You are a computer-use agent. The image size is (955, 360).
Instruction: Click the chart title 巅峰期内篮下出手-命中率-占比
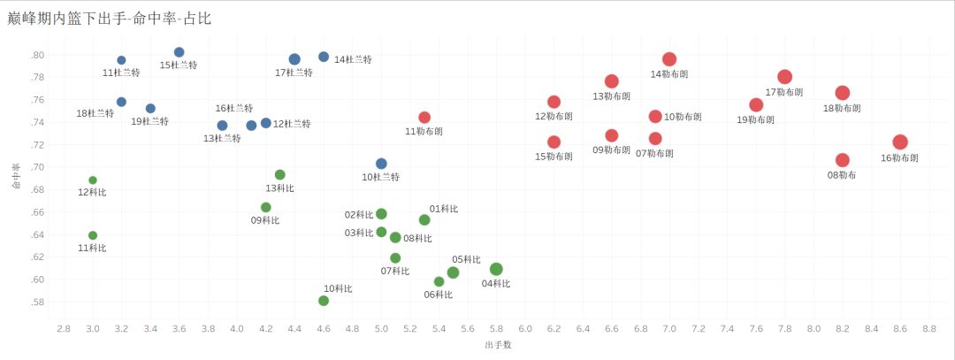click(110, 18)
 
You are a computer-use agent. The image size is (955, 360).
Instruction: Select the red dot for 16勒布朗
click(900, 142)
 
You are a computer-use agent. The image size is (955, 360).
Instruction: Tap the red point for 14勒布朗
click(669, 59)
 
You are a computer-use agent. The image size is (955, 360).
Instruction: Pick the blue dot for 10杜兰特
click(381, 164)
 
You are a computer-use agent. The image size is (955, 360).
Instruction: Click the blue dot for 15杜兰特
click(180, 52)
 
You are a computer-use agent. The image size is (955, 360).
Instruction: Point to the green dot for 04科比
click(496, 269)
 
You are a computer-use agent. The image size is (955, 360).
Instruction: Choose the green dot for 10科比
click(324, 301)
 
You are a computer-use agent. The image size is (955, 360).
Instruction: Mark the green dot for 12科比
click(93, 180)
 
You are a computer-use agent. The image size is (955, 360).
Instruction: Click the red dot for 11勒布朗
click(424, 118)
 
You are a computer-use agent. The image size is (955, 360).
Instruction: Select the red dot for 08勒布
click(843, 160)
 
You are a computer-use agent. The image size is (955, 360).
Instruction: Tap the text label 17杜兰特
click(294, 73)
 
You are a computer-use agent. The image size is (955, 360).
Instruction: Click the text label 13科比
click(279, 188)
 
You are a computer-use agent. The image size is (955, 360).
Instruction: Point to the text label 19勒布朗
click(755, 119)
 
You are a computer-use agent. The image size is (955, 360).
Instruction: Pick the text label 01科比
click(444, 209)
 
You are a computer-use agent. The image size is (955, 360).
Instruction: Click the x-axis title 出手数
click(498, 345)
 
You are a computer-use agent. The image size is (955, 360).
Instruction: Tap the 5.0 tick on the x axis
click(381, 328)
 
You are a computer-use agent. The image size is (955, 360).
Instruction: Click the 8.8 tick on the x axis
click(928, 328)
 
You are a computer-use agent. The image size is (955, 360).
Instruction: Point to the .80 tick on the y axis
click(37, 55)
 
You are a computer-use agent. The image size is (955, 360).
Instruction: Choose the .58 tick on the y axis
click(37, 302)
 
